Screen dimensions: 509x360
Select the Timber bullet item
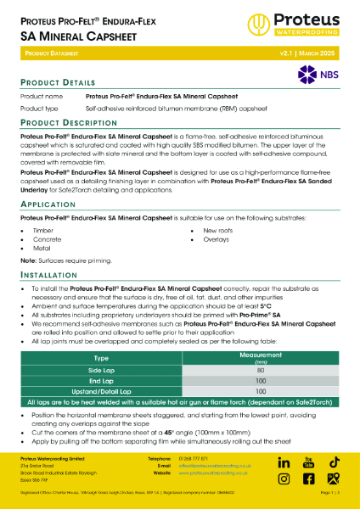pos(44,230)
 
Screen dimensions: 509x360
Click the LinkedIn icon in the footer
pos(284,461)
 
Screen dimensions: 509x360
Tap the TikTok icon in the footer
pos(335,461)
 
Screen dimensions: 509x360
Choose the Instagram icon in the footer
pos(309,478)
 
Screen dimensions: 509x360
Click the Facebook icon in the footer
pos(284,478)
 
